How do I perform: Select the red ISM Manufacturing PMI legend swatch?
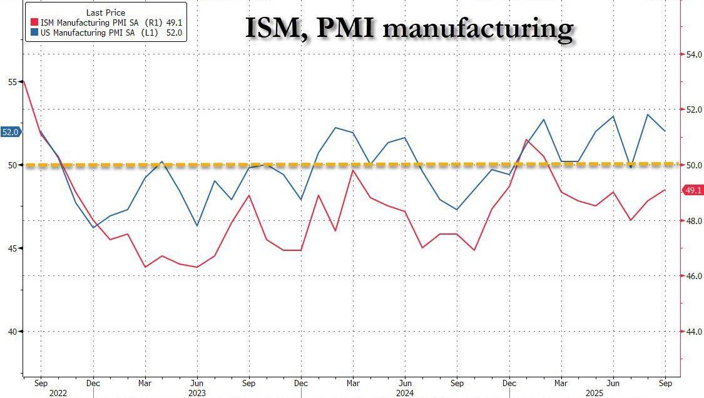point(34,22)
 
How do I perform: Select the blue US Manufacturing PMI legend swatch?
point(34,32)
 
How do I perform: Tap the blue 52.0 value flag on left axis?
point(11,132)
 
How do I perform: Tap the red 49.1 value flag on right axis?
point(693,190)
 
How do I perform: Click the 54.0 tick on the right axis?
point(694,55)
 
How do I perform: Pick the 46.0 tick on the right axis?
point(694,276)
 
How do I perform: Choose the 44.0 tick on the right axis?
point(694,332)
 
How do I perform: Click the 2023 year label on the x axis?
point(196,393)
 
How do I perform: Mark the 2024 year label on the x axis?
point(405,393)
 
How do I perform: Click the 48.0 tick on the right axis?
point(694,221)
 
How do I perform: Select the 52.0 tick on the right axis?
point(694,110)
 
